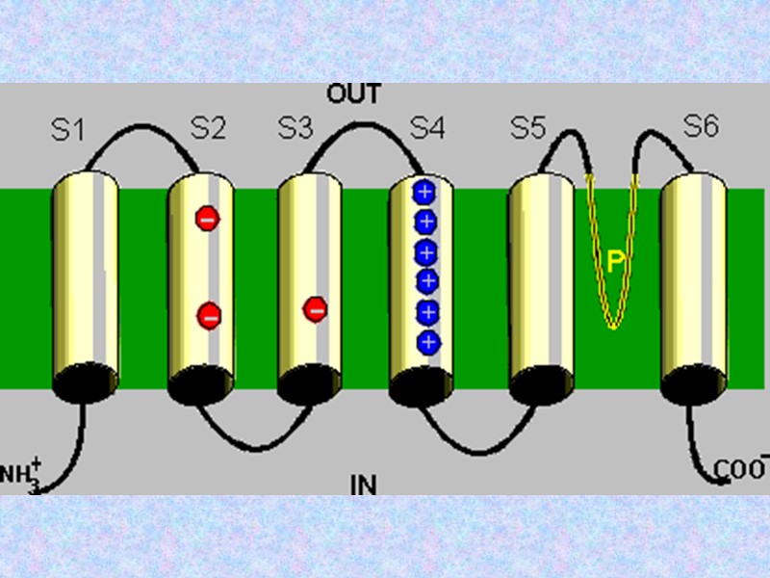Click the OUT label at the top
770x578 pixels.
[x=354, y=94]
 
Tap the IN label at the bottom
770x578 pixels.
[x=363, y=484]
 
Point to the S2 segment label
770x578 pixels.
[x=207, y=128]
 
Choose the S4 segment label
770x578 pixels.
[x=427, y=128]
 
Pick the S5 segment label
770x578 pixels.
[x=527, y=128]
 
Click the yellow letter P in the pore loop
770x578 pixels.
[x=616, y=259]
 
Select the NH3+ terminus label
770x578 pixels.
[x=22, y=474]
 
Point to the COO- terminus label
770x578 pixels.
[x=741, y=468]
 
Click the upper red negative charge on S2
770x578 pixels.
[x=207, y=219]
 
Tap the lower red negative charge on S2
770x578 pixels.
[x=209, y=314]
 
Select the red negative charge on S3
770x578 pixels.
[x=315, y=309]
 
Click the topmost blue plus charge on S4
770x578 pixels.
[x=425, y=191]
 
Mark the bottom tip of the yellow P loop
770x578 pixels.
[x=612, y=326]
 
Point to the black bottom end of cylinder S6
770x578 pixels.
[x=692, y=383]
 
